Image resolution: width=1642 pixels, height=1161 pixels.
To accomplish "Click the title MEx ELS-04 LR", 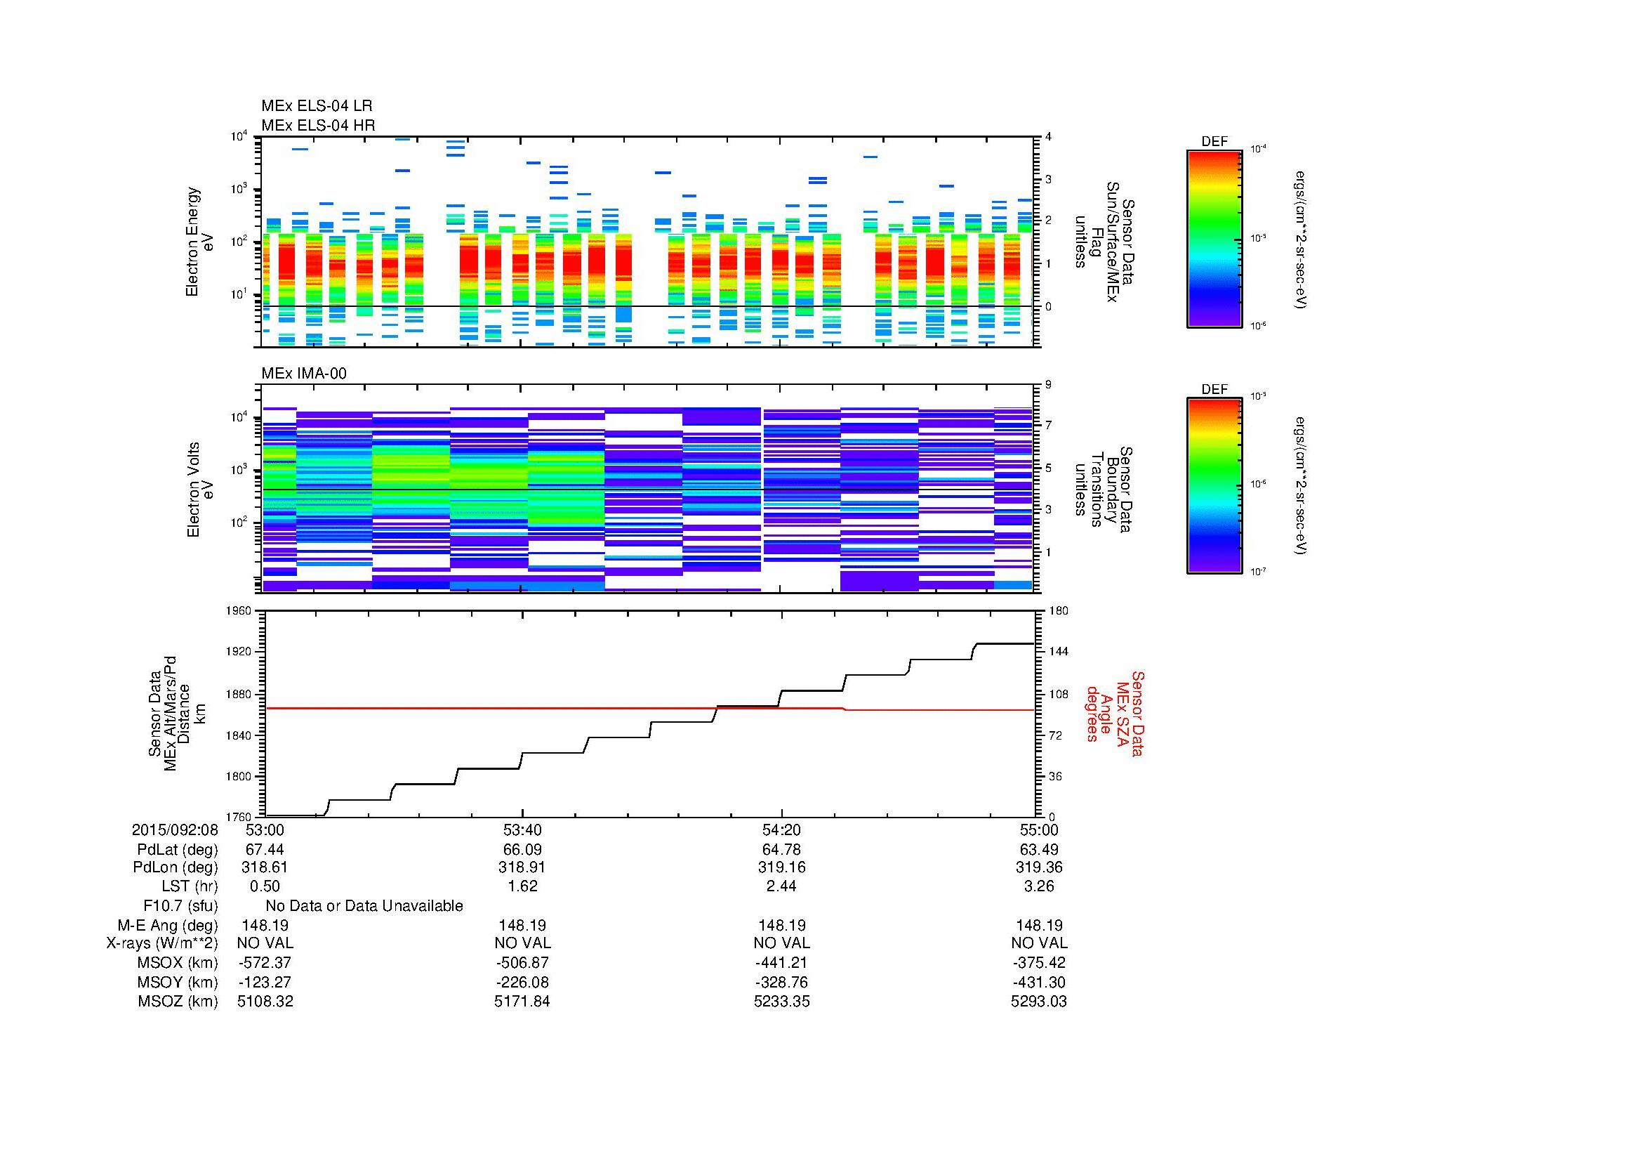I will (316, 106).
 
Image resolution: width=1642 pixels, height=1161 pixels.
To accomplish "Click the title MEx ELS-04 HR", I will (317, 125).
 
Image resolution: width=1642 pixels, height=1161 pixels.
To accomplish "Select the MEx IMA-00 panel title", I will (303, 374).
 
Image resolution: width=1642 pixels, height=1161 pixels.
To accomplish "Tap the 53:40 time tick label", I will (523, 830).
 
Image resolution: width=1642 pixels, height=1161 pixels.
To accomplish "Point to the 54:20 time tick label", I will (781, 830).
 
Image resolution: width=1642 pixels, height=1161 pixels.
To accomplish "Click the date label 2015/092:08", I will (175, 830).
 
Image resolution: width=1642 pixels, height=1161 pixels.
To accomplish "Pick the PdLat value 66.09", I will (523, 850).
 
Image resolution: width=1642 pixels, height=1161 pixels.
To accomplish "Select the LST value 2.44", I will (781, 887).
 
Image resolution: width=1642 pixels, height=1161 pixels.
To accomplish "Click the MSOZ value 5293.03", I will (1038, 1002).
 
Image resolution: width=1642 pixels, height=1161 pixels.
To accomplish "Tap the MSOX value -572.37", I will (265, 963).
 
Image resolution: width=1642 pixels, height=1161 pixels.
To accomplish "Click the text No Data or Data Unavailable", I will (364, 906).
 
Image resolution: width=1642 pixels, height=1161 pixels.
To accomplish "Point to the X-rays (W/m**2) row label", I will (162, 944).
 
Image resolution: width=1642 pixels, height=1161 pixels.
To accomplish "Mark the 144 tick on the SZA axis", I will (1057, 652).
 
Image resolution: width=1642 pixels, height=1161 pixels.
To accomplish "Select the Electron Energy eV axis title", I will (200, 242).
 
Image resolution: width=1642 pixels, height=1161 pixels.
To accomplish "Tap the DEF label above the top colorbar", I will (1214, 142).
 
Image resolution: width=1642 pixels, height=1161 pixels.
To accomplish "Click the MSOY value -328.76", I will (781, 982).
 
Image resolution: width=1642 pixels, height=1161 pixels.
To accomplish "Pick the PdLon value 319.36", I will (1038, 867).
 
